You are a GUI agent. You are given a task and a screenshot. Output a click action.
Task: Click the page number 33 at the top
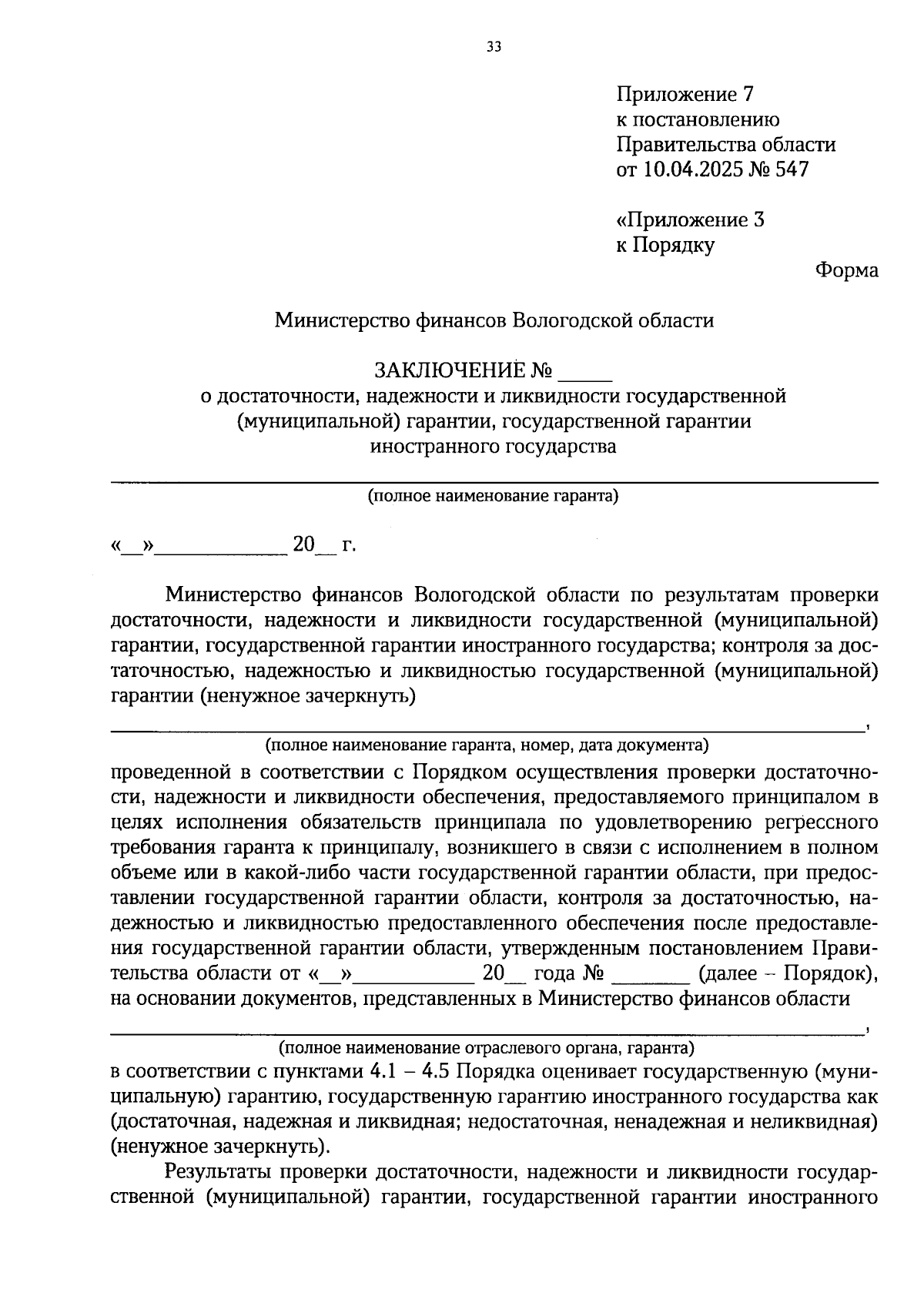point(494,47)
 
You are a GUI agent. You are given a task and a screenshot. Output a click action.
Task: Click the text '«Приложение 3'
point(690,220)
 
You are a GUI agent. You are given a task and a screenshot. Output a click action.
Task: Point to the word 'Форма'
point(846,270)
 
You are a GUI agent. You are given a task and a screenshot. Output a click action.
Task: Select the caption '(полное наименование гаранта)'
point(493,496)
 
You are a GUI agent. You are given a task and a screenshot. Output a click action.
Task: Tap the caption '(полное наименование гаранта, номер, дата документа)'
point(487,745)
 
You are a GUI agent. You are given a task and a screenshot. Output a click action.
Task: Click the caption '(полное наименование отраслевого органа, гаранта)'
point(486,1048)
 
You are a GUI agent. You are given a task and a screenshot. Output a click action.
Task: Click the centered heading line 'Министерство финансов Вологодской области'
point(494,320)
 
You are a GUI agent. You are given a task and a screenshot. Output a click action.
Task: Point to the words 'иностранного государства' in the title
point(493,447)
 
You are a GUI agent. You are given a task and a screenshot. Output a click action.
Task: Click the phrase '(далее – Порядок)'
point(788,973)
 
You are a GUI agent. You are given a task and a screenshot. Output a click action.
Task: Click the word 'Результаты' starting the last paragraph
point(218,1173)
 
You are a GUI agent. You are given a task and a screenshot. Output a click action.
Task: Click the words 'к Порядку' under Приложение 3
point(665,246)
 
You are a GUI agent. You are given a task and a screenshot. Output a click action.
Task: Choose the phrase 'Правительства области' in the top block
point(725,145)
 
